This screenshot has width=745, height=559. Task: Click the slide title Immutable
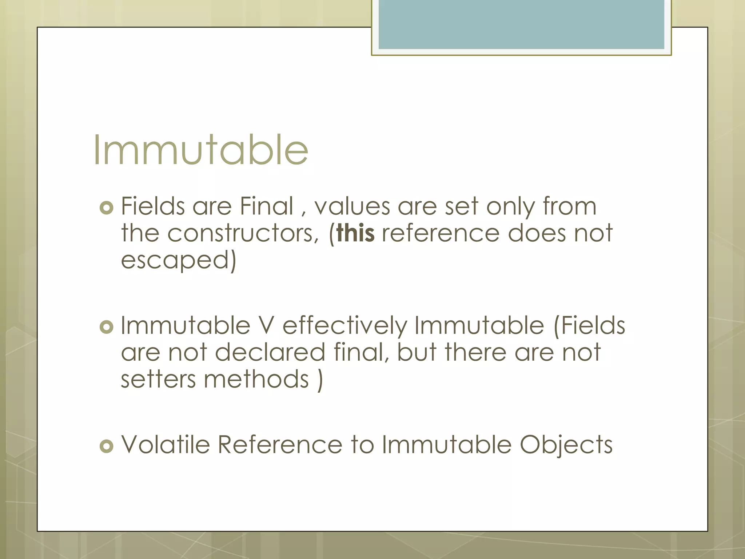pyautogui.click(x=201, y=150)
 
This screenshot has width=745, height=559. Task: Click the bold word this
pyautogui.click(x=355, y=233)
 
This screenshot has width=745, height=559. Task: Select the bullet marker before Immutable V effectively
pyautogui.click(x=106, y=327)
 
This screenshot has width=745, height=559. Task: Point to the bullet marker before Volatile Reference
pyautogui.click(x=106, y=446)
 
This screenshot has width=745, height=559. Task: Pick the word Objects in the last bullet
pyautogui.click(x=566, y=446)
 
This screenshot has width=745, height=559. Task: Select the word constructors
pyautogui.click(x=243, y=233)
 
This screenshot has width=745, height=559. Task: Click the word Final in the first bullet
pyautogui.click(x=267, y=206)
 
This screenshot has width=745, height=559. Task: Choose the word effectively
pyautogui.click(x=345, y=326)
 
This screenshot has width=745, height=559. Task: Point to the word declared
pyautogui.click(x=270, y=352)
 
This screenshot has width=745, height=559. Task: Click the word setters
pyautogui.click(x=158, y=379)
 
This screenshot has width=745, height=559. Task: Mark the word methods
pyautogui.click(x=256, y=379)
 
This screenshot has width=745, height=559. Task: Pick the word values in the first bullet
pyautogui.click(x=352, y=206)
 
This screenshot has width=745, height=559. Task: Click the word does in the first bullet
pyautogui.click(x=537, y=233)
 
